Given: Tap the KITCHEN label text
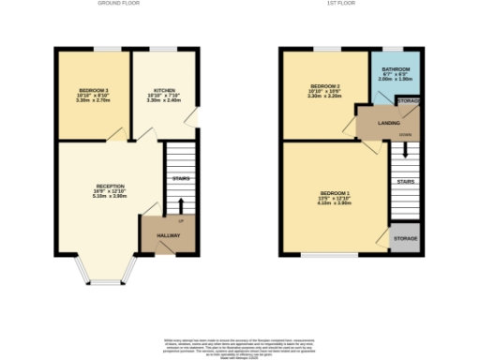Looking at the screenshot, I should pos(163,90).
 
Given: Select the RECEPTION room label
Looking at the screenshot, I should pos(110,186).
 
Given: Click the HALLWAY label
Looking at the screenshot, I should pos(167,235).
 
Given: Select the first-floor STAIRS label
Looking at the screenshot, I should pos(405,181).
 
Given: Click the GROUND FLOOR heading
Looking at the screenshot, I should pos(119,4).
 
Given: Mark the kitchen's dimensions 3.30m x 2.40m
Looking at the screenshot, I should pos(163,99).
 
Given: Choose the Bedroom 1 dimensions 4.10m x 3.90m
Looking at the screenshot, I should pos(335,204).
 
